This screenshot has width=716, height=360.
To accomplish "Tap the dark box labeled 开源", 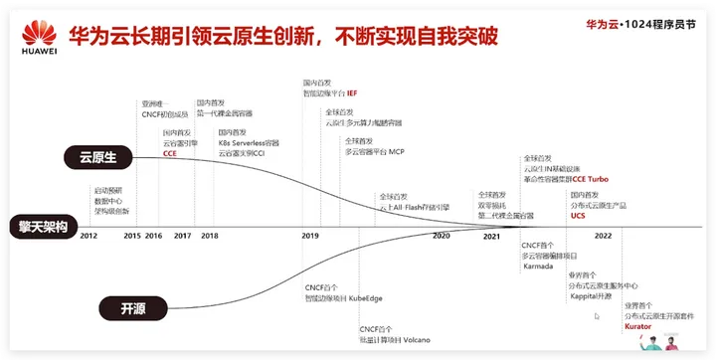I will pos(129,306).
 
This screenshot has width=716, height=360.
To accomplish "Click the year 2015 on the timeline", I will pos(132,236).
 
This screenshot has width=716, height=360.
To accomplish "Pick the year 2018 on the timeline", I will pos(209,236).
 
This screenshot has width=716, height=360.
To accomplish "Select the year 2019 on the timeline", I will pos(310,236).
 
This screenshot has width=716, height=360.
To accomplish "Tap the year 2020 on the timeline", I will pos(442,236).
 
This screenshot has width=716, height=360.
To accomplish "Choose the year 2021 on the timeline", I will pos(491,236).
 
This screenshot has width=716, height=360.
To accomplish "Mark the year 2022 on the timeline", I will pos(603,236).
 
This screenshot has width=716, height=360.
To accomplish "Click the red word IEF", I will pos(351,93).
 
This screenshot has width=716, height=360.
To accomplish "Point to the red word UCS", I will pos(578,215).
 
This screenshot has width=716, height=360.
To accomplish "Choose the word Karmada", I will pos(539,267).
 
